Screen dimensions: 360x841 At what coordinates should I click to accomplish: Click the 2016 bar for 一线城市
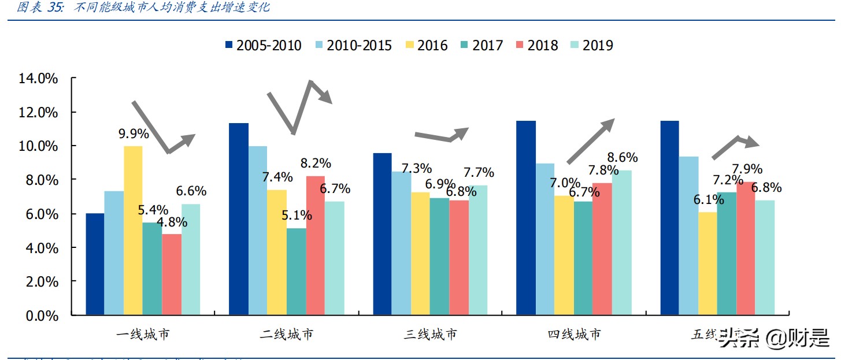click(133, 231)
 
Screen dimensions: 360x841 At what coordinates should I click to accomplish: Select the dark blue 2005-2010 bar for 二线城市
click(239, 220)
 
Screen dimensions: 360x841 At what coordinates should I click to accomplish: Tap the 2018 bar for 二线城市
click(316, 246)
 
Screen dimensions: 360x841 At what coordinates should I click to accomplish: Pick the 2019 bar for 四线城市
click(622, 243)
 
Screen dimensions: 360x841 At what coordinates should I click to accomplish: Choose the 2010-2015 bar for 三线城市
click(401, 243)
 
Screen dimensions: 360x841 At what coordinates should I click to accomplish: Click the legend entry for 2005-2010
click(263, 45)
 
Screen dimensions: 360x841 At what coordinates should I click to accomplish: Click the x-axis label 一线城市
click(143, 335)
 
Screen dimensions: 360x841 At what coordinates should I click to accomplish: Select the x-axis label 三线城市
click(430, 335)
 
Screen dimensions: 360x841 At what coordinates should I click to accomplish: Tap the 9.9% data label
click(134, 134)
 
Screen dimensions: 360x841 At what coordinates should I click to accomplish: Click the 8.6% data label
click(622, 157)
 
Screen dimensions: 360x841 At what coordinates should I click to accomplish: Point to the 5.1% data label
click(297, 216)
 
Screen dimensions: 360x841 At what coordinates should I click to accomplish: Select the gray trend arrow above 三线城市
click(442, 136)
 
